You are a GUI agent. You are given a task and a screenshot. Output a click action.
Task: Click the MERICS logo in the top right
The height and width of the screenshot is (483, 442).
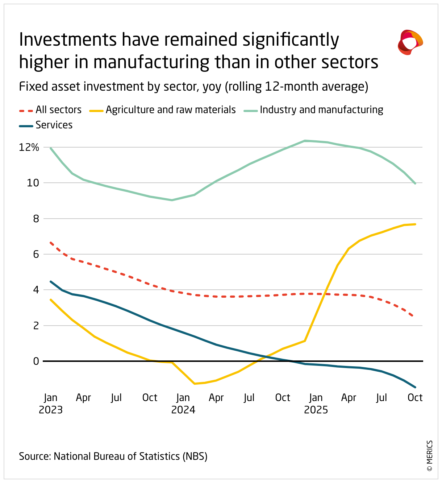pyautogui.click(x=410, y=42)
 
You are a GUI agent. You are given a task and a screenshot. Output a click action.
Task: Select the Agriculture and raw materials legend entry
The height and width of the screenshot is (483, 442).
pyautogui.click(x=163, y=110)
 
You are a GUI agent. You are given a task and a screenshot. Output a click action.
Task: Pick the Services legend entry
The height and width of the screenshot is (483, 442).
pyautogui.click(x=46, y=125)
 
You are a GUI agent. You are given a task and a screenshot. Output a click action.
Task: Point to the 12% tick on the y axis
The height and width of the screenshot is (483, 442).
pyautogui.click(x=29, y=147)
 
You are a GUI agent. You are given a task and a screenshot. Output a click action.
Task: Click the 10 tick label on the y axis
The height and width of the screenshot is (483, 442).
pyautogui.click(x=33, y=183)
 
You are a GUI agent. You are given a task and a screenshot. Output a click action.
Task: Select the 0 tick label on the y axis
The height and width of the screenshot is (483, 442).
pyautogui.click(x=36, y=361)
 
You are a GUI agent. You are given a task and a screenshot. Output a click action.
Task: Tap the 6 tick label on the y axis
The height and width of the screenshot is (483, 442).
pyautogui.click(x=36, y=254)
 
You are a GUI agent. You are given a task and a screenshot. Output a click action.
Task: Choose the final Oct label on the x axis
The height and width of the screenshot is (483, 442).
pyautogui.click(x=415, y=398)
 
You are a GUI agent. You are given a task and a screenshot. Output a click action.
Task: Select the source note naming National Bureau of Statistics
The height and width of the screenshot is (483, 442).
pyautogui.click(x=113, y=456)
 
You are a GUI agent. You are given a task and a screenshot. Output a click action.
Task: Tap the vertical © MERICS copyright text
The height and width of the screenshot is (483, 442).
pyautogui.click(x=430, y=455)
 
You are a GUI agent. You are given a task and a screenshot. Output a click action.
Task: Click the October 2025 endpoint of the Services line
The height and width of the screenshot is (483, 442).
pyautogui.click(x=415, y=387)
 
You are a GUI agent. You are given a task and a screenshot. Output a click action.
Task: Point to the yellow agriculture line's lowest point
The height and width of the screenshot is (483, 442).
pyautogui.click(x=195, y=384)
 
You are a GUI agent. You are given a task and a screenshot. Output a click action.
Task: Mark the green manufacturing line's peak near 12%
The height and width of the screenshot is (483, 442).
pyautogui.click(x=305, y=141)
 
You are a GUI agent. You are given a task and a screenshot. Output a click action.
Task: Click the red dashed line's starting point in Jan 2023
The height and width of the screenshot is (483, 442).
pyautogui.click(x=51, y=242)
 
